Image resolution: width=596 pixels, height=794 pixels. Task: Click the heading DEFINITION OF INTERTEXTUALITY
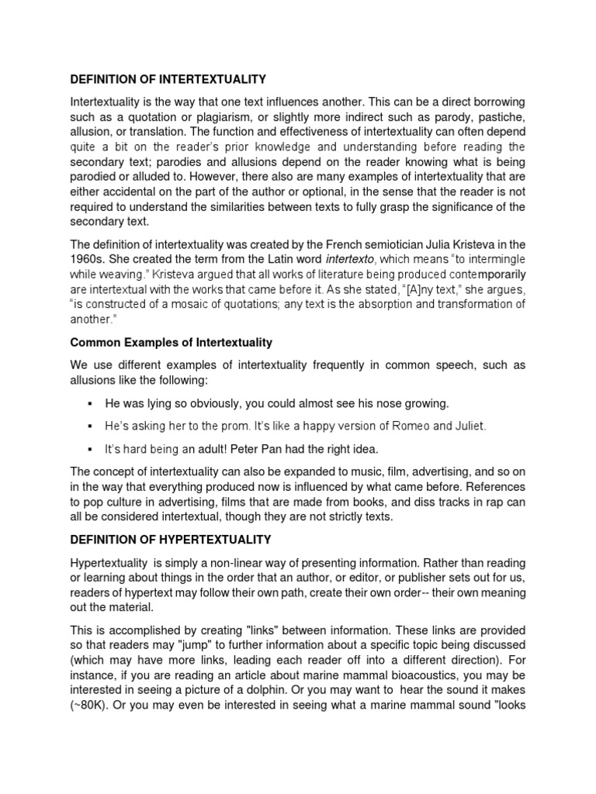[x=168, y=79]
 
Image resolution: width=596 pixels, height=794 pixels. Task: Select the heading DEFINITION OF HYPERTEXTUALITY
[x=172, y=539]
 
